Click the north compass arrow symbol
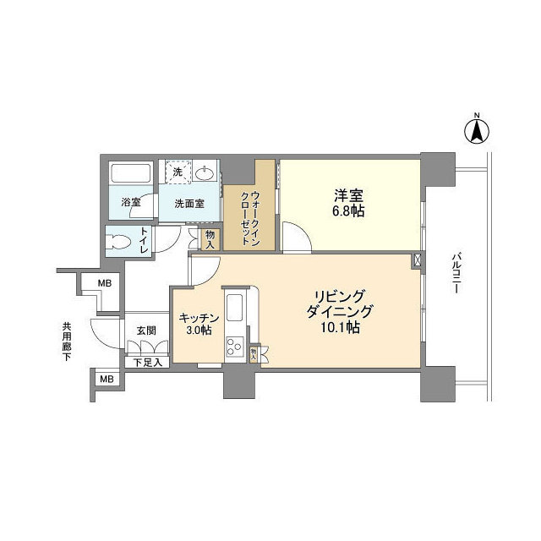point(477,130)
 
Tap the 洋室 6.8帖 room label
point(348,204)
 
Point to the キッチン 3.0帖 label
point(199,324)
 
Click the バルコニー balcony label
point(456,274)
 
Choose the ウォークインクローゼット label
point(249,218)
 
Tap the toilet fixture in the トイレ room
point(118,241)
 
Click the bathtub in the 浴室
point(131,172)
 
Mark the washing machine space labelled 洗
point(178,170)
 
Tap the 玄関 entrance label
point(146,331)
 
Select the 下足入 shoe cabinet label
point(148,363)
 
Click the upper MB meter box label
point(105,284)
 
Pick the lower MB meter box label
point(107,380)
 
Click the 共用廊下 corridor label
point(67,342)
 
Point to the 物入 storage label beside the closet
point(210,240)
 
